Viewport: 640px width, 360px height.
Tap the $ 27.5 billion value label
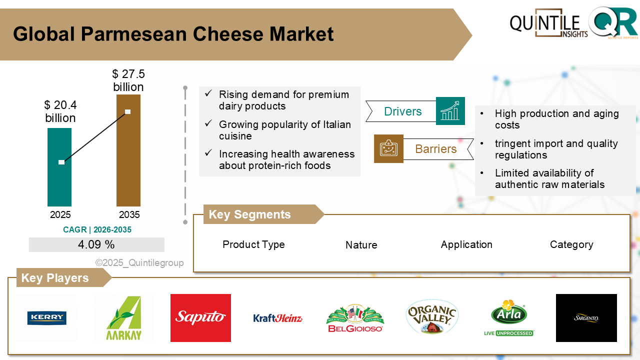pos(128,80)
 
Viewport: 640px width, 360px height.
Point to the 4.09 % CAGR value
pos(96,244)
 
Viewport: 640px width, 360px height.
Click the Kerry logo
pos(47,318)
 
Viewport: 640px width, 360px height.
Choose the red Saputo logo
pos(200,317)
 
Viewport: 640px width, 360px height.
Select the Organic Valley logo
pos(432,317)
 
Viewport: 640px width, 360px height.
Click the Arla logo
pos(509,317)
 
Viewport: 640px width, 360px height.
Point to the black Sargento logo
pos(586,317)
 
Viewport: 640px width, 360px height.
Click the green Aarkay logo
pos(124,318)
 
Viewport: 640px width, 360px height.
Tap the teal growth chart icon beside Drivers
pos(450,111)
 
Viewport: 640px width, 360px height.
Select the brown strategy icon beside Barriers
pos(388,148)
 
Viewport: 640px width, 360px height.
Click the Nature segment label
pos(361,245)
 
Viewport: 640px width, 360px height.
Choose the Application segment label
pos(466,244)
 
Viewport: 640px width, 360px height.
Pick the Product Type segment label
pos(253,244)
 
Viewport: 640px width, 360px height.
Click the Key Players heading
pos(55,277)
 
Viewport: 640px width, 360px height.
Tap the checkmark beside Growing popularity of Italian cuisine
pos(208,123)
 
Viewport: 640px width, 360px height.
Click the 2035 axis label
pos(129,214)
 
